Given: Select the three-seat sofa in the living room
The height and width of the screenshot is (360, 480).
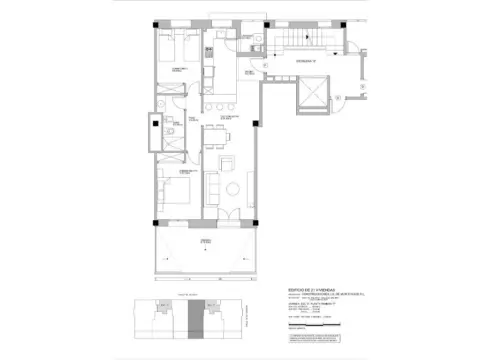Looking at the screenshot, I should pyautogui.click(x=211, y=188).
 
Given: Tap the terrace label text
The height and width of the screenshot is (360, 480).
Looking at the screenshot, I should pyautogui.click(x=205, y=243).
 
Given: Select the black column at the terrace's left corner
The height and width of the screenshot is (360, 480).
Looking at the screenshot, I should pyautogui.click(x=156, y=222).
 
